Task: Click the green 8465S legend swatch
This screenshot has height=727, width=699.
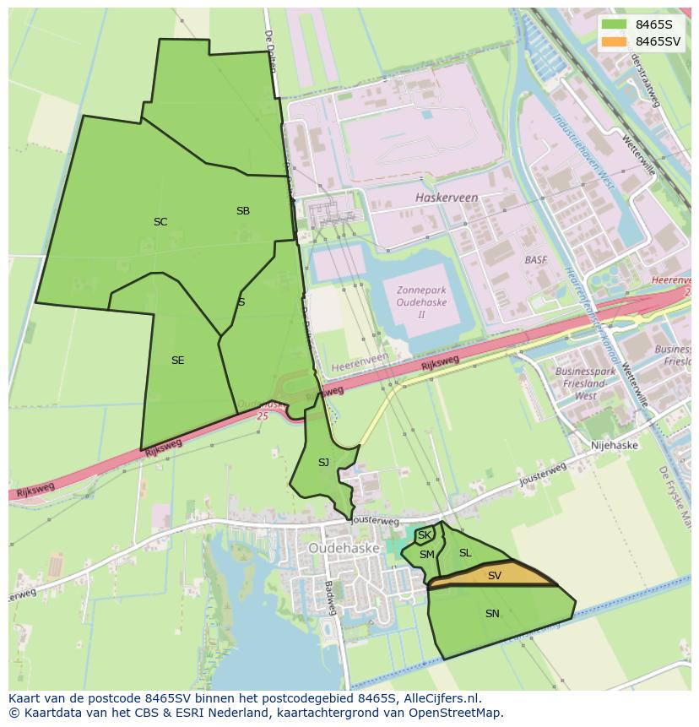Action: point(615,24)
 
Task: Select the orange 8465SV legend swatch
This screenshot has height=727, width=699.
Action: point(615,41)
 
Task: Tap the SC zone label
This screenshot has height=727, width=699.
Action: point(160,222)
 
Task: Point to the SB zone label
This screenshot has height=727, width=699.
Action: point(243,211)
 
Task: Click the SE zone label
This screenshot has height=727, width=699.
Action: point(177,361)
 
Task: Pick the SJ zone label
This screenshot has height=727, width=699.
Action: point(323,463)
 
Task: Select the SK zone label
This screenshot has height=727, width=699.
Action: point(425,535)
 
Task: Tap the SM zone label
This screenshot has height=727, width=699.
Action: point(427,555)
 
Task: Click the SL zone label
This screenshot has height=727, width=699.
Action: point(465,553)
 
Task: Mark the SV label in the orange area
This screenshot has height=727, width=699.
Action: point(495,576)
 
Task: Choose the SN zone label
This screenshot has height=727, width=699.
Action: point(492,614)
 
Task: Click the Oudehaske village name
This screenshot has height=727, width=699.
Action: point(343,547)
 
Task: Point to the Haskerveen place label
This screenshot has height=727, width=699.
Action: point(447,198)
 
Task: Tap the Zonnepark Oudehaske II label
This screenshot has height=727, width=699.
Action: point(421,302)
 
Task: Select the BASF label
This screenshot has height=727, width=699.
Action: point(536,260)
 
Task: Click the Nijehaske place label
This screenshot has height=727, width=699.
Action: point(615,445)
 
